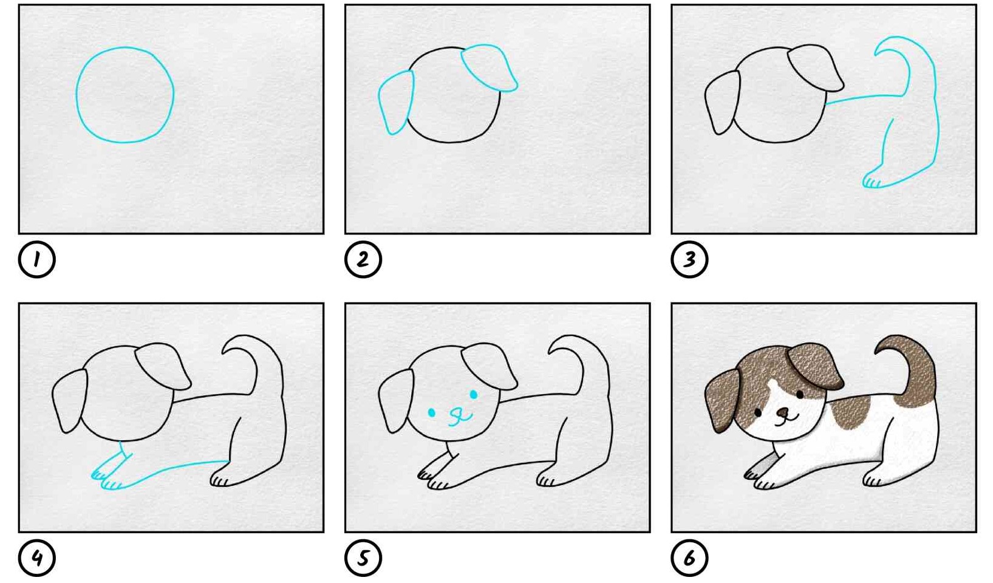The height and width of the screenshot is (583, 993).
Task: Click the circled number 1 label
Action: (x=37, y=260)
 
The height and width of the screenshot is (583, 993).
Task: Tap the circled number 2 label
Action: (x=363, y=260)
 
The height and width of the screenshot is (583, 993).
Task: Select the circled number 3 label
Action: (x=689, y=260)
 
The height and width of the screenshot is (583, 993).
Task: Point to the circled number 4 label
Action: (x=37, y=558)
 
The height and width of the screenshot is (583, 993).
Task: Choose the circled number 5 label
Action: (x=363, y=558)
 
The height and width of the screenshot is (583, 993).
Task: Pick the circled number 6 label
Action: (x=689, y=558)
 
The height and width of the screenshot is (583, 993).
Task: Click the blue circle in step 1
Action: (x=77, y=95)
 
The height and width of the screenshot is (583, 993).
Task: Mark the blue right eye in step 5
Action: (x=474, y=394)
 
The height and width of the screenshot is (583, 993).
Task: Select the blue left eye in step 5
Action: (x=431, y=413)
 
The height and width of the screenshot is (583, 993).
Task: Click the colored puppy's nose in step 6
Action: (x=783, y=413)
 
